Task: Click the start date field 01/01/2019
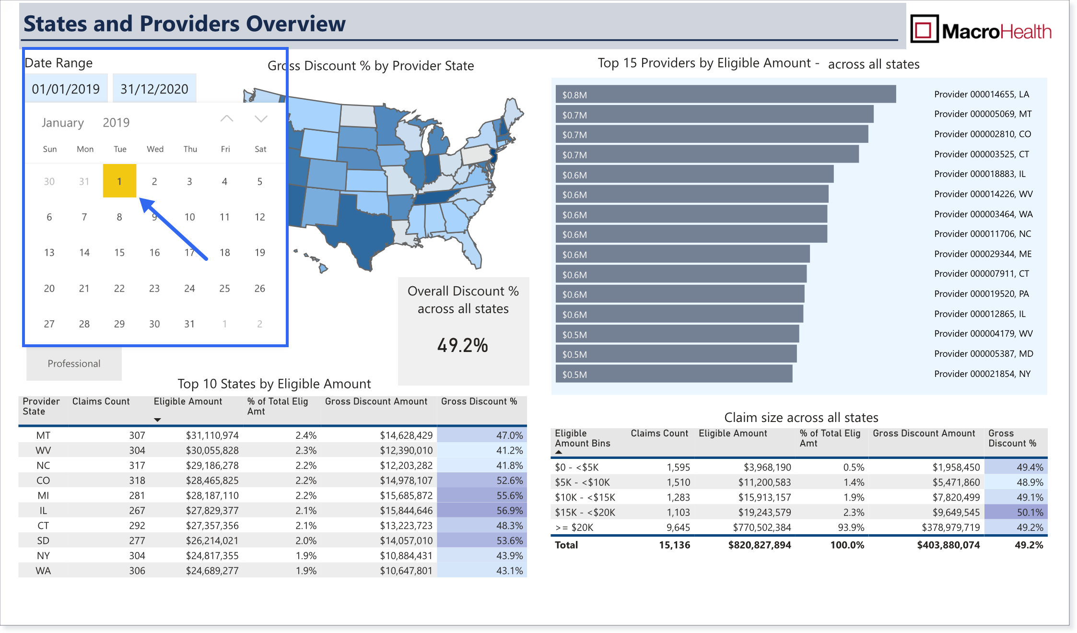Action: (66, 89)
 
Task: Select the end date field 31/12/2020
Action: (154, 89)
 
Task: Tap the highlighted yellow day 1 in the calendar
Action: (119, 181)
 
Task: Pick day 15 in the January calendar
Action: (119, 252)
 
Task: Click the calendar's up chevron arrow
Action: (227, 118)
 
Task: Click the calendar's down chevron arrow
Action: (261, 118)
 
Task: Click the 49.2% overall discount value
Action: (463, 345)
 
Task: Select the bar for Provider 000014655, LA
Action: (726, 94)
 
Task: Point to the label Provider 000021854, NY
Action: (982, 374)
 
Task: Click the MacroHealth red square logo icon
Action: (924, 29)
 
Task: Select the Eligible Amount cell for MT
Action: (212, 435)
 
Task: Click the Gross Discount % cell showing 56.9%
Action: (509, 511)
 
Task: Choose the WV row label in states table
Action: (43, 450)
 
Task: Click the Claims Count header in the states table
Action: (101, 401)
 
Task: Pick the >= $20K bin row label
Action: (574, 527)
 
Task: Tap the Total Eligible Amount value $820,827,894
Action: (760, 545)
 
